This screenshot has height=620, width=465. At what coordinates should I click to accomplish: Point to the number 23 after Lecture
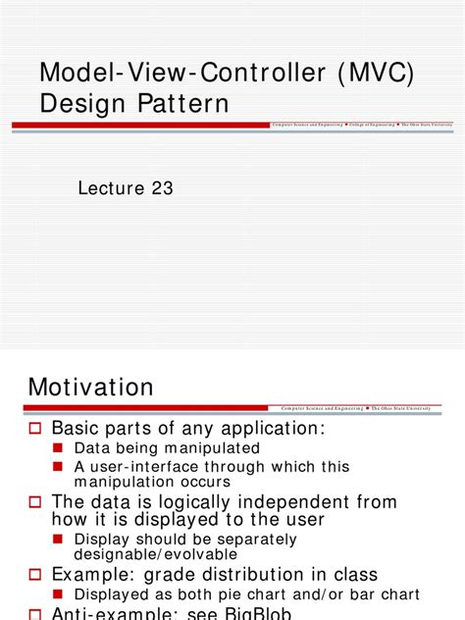tap(160, 188)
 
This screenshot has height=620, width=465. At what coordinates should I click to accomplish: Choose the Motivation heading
tap(91, 387)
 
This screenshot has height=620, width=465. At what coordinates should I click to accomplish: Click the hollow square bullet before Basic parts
tap(34, 429)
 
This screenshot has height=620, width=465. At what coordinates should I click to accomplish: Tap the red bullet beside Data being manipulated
tap(59, 448)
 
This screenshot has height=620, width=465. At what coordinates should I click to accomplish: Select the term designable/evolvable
tap(156, 554)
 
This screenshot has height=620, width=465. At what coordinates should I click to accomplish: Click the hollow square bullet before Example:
tap(34, 575)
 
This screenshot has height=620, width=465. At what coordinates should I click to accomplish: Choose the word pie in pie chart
tap(254, 594)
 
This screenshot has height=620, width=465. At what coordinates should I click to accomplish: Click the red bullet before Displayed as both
tap(59, 594)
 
